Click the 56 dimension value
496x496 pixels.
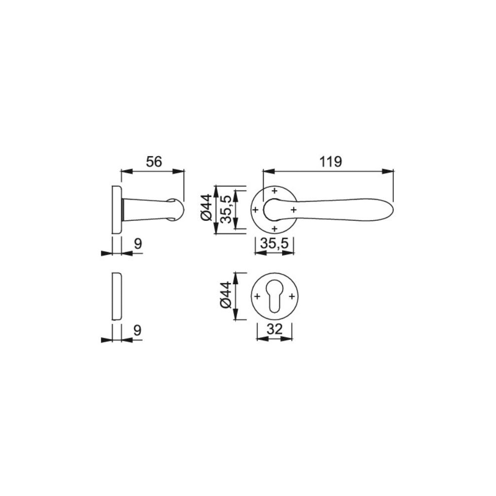pyautogui.click(x=154, y=162)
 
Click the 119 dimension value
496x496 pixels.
pyautogui.click(x=330, y=162)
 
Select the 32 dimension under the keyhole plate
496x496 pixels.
pyautogui.click(x=274, y=330)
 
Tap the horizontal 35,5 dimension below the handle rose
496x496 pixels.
pyautogui.click(x=275, y=244)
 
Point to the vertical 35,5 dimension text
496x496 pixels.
pyautogui.click(x=226, y=209)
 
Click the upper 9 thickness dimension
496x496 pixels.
pyautogui.click(x=138, y=244)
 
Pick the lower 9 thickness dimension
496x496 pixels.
pyautogui.click(x=137, y=330)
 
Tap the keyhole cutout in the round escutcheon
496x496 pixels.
pyautogui.click(x=274, y=297)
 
